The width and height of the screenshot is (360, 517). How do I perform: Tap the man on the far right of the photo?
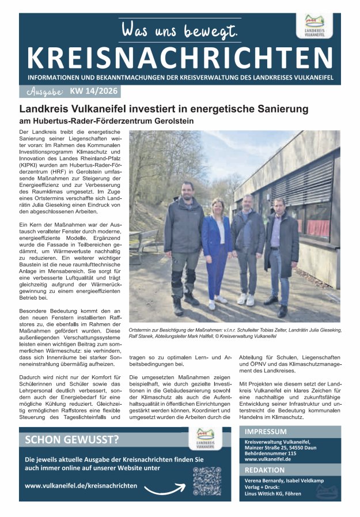(x=282, y=245)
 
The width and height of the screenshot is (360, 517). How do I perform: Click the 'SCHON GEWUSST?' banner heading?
(x=73, y=440)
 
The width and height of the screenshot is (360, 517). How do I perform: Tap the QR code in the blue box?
(x=207, y=481)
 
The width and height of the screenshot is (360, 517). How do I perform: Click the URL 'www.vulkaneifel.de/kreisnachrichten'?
(x=81, y=485)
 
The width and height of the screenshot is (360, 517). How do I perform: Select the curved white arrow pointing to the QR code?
(x=165, y=489)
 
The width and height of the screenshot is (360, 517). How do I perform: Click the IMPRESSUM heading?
(x=266, y=432)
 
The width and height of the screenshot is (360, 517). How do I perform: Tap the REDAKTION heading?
(x=264, y=470)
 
